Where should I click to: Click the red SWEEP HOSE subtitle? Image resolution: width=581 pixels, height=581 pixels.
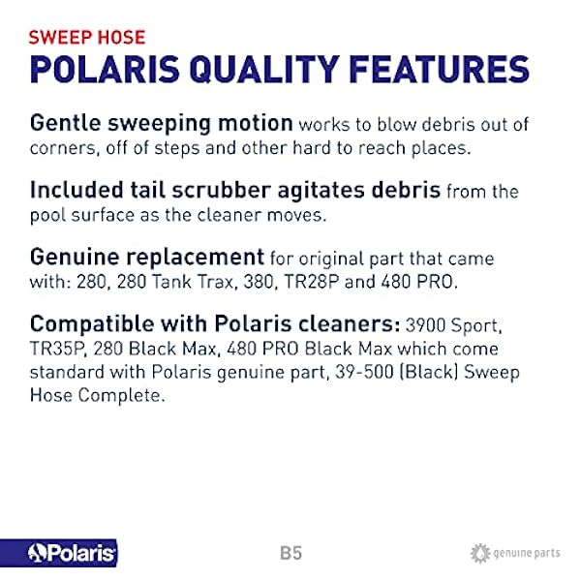(87, 38)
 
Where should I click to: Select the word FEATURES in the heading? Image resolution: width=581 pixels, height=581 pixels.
(439, 70)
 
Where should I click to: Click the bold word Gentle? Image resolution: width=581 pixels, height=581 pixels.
(65, 123)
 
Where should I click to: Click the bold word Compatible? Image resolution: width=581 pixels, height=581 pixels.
(92, 323)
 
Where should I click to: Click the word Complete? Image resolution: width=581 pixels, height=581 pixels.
(121, 395)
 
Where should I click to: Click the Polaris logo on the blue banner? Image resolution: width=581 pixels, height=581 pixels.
(71, 553)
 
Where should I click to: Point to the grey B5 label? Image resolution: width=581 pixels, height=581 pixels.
(291, 553)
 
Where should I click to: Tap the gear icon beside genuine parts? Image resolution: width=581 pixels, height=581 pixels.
(480, 553)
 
